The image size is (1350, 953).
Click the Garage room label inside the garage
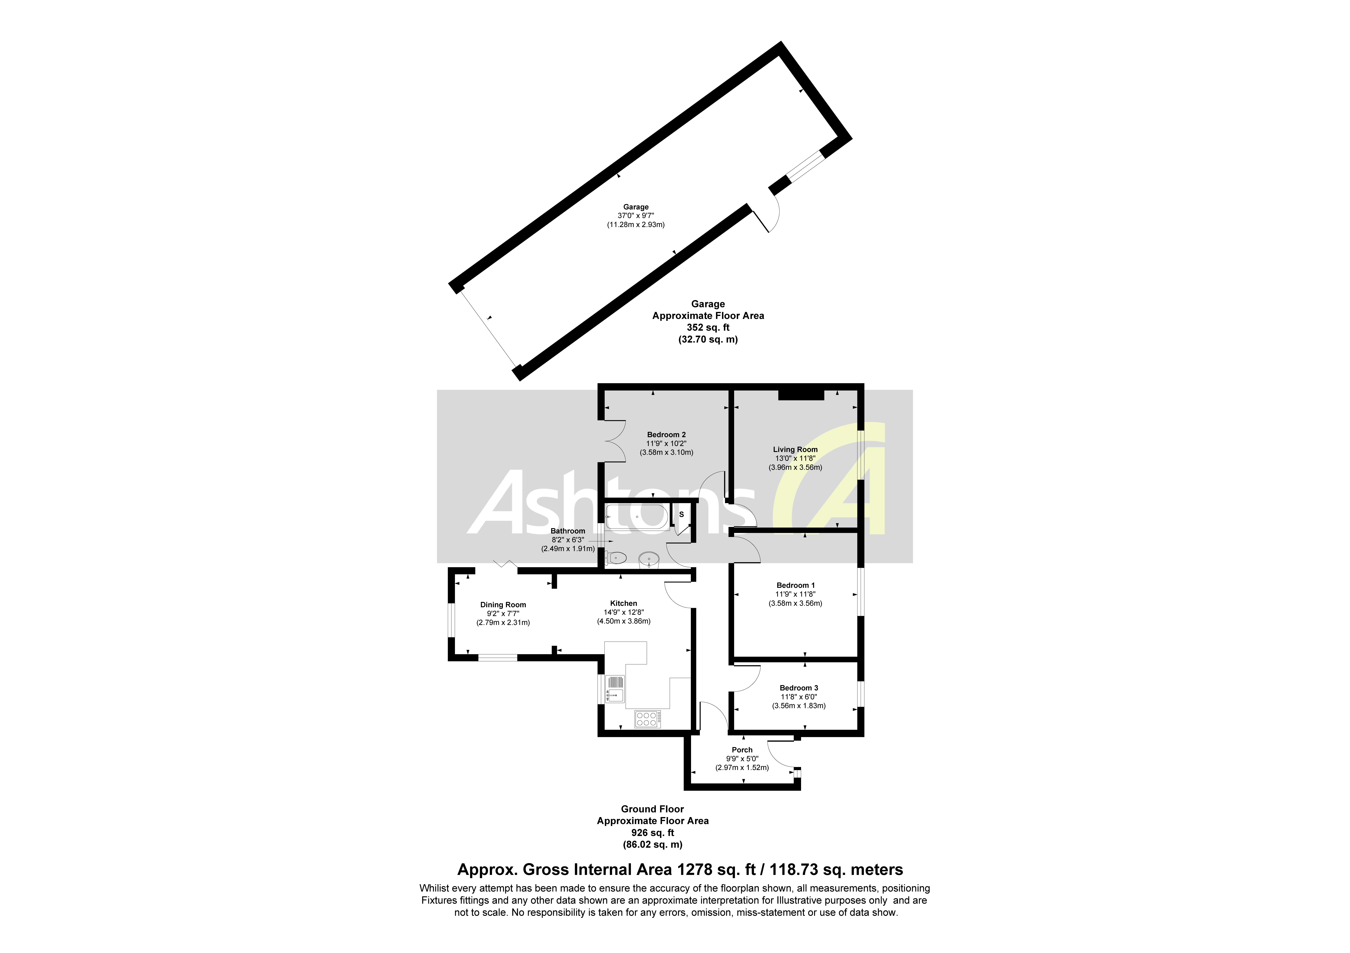[636, 207]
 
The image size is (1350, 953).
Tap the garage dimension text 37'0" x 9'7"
[636, 216]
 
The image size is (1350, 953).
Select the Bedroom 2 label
[666, 435]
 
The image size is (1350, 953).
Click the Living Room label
[795, 449]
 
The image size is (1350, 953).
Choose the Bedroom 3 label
[798, 688]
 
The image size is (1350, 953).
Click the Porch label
[742, 750]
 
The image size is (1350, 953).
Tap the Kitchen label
[623, 603]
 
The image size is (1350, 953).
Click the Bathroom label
[567, 531]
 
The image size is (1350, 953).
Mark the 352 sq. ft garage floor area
[708, 327]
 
